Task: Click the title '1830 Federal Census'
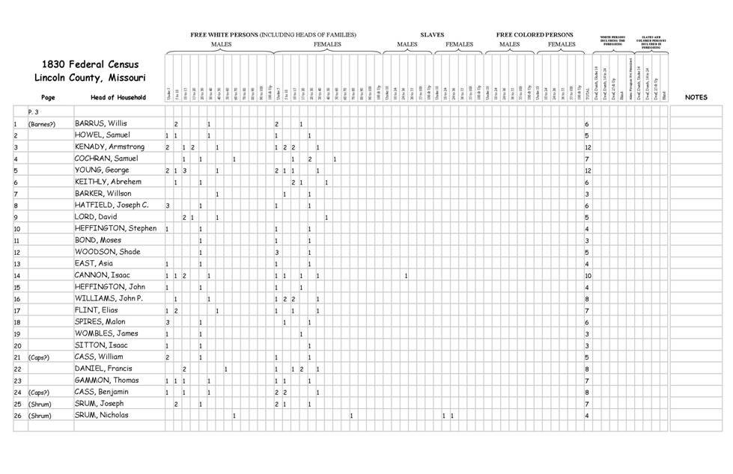coord(91,64)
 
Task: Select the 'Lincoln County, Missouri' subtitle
coord(91,78)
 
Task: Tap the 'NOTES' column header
coord(696,97)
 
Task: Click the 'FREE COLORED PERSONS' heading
coord(535,34)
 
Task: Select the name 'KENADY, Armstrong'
coord(109,147)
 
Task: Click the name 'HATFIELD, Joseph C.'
coord(112,206)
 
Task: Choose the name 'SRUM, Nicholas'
coord(101,415)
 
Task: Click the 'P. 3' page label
coord(34,111)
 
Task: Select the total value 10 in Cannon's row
coord(588,276)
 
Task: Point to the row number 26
coord(16,415)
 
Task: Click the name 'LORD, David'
coord(96,217)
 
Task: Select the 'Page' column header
coord(48,97)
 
